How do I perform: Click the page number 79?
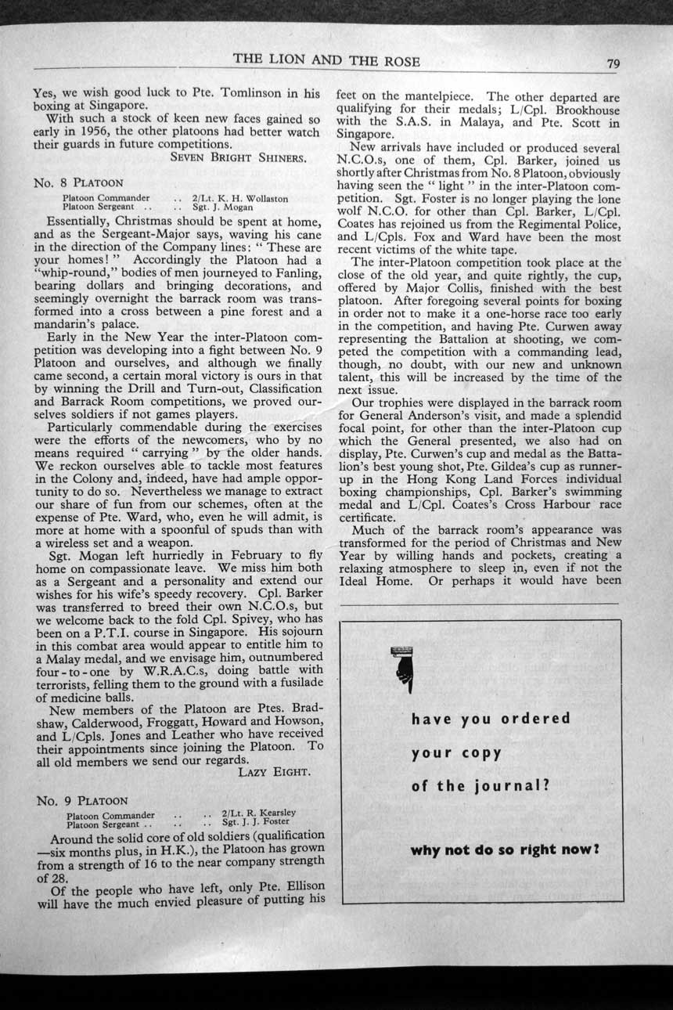pyautogui.click(x=612, y=64)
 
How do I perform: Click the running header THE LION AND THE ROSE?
pyautogui.click(x=326, y=61)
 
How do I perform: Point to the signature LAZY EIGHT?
pyautogui.click(x=274, y=772)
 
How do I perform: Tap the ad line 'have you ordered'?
pyautogui.click(x=491, y=719)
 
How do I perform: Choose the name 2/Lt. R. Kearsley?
pyautogui.click(x=258, y=813)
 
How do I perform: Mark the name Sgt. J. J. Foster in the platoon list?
pyautogui.click(x=256, y=822)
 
